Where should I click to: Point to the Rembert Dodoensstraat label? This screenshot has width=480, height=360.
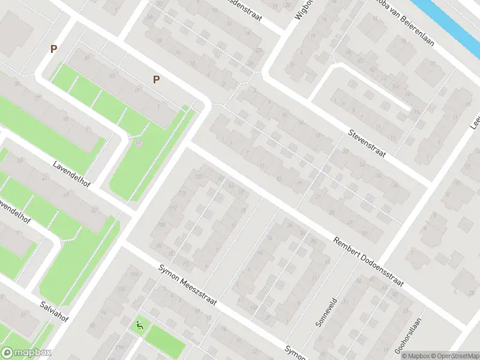pyautogui.click(x=369, y=260)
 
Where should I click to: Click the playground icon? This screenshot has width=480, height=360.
pyautogui.click(x=140, y=326)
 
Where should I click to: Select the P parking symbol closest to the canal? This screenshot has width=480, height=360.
pyautogui.click(x=157, y=79)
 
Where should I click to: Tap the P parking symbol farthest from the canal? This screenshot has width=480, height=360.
pyautogui.click(x=53, y=49)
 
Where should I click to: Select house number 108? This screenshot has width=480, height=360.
pyautogui.click(x=161, y=224)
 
